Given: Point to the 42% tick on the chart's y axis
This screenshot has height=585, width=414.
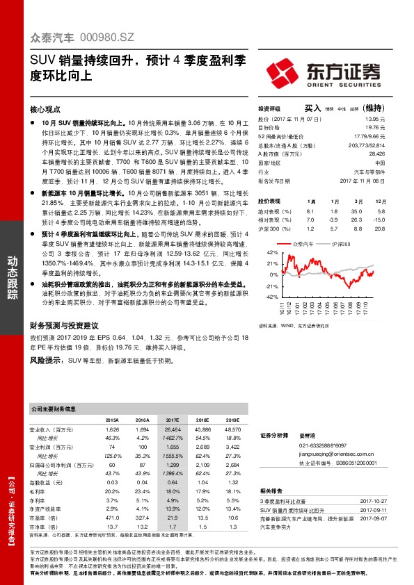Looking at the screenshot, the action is pos(272,252).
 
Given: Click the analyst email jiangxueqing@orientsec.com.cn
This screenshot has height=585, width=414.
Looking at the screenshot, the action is pos(339,453).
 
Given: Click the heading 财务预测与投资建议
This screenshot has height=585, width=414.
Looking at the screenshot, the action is pos(65,325).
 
